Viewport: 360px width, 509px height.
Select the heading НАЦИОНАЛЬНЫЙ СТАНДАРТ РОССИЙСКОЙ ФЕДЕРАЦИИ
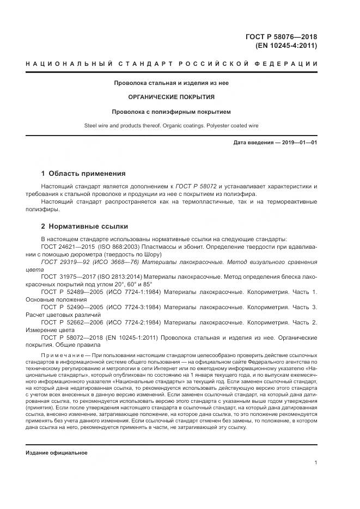pos(172,64)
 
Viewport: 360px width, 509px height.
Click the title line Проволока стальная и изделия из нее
pos(172,83)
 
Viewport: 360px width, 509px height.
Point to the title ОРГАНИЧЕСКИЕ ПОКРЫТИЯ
pos(172,97)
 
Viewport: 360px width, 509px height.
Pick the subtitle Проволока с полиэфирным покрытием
pos(172,112)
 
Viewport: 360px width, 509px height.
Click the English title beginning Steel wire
pos(172,126)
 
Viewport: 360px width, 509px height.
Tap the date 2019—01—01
pos(300,143)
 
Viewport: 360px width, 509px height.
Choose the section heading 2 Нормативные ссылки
pos(84,226)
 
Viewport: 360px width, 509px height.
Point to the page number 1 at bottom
pos(316,463)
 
